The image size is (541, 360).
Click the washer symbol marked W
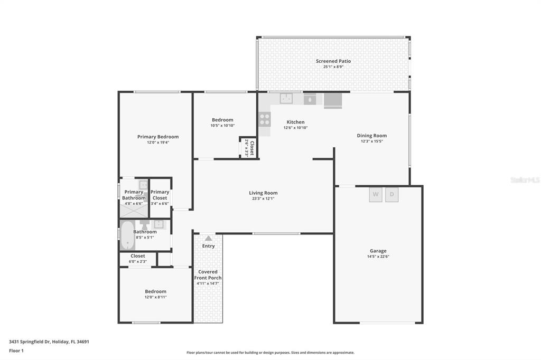coord(376,194)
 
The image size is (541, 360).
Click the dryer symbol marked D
coord(392,194)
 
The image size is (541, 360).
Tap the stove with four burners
coord(264,119)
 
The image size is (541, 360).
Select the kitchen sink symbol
coord(286,98)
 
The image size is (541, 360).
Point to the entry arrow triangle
coord(208,238)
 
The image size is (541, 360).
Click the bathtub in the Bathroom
coord(127,235)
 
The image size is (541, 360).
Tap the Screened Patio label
coord(333,61)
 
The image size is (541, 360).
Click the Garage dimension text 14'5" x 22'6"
coord(378,257)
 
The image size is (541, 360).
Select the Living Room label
coord(263,193)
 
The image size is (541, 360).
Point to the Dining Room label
coord(372,136)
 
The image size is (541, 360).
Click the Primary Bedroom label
coord(158,137)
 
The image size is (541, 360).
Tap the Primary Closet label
coord(160,195)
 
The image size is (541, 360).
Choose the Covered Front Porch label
coord(208,275)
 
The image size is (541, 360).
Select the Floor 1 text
coord(17,350)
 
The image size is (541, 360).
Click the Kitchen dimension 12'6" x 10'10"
coord(295,128)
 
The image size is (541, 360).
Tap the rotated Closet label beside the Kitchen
coord(252,147)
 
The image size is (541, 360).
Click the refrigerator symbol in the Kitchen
coord(333,100)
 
